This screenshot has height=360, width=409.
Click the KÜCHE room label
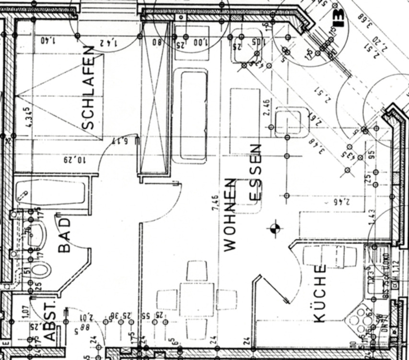(319, 293)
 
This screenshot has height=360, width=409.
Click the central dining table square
(197, 299)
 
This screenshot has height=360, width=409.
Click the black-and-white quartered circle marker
(274, 229)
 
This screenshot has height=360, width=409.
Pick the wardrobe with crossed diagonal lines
(155, 98)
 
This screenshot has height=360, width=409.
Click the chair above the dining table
(197, 271)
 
